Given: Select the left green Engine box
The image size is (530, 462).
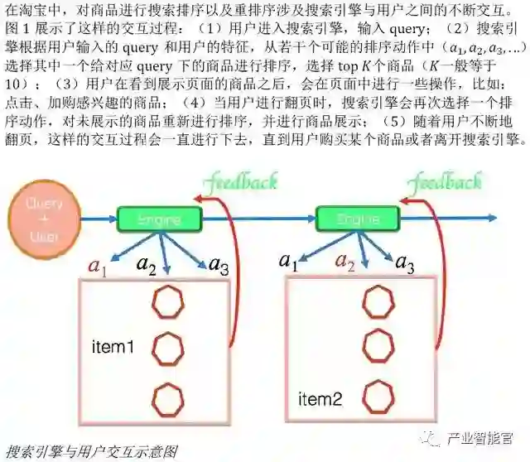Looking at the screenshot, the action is click(x=159, y=219).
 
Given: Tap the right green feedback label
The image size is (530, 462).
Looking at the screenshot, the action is click(x=448, y=181).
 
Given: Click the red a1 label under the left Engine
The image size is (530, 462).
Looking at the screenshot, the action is click(x=98, y=266).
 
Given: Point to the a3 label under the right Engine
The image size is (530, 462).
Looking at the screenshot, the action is click(x=404, y=264).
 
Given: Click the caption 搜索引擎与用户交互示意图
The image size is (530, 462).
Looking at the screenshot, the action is click(x=91, y=451).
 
